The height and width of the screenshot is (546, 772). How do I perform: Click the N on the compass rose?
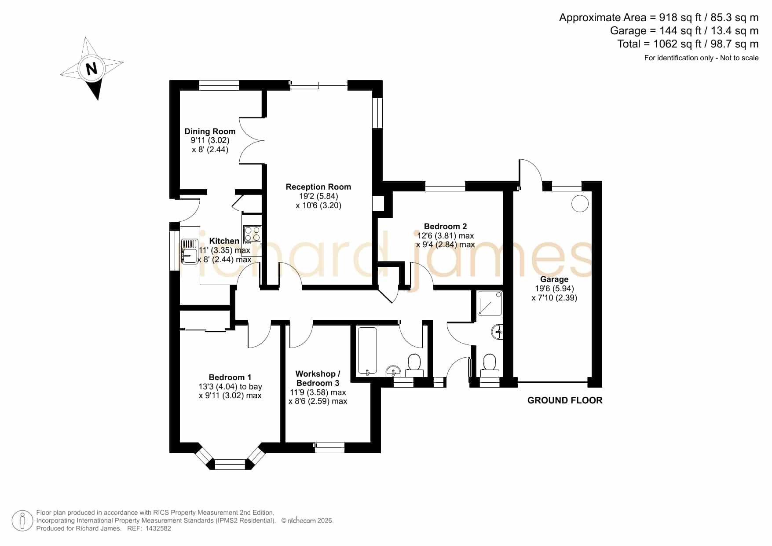point(91,69)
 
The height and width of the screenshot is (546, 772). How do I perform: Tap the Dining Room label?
point(210,131)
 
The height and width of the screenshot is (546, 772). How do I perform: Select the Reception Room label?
point(318,187)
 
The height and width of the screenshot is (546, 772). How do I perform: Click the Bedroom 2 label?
point(445,227)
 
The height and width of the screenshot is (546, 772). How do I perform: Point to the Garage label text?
point(554,279)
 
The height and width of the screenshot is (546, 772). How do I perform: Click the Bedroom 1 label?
point(230,377)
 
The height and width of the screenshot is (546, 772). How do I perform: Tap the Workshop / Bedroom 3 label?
point(318,378)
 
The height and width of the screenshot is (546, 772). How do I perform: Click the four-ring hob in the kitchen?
point(252,235)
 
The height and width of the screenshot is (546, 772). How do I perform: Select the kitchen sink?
point(190,251)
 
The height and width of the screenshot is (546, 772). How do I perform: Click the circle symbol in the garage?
point(580,203)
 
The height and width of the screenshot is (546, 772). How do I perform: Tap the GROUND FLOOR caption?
point(565,400)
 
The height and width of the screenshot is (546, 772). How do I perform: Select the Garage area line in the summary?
point(684,31)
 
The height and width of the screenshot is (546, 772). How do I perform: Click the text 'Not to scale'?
point(739,58)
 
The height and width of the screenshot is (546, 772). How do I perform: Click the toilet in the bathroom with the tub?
point(414,366)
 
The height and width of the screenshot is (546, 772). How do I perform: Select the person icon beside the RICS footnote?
point(22,521)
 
